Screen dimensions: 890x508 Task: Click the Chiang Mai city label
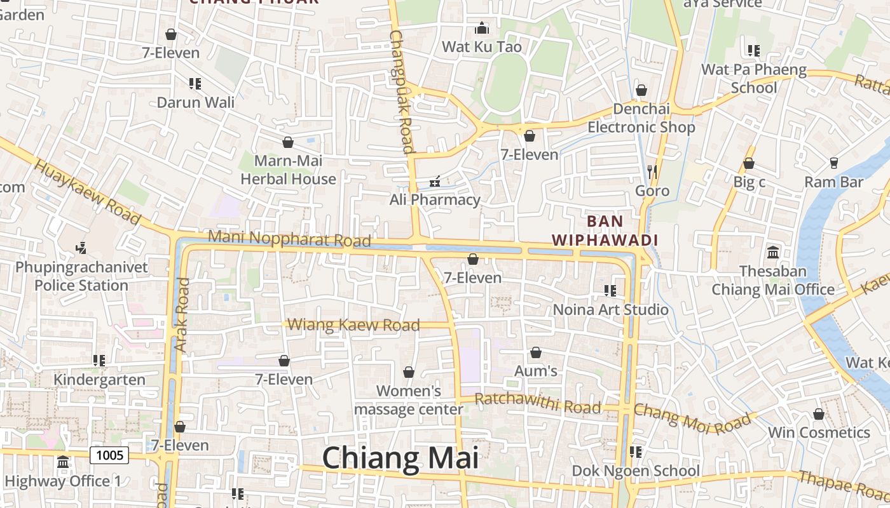pos(400,458)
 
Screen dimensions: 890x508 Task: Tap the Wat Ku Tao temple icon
pos(482,29)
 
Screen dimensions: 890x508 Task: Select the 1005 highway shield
pos(109,455)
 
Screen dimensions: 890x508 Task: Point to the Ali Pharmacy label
pos(435,199)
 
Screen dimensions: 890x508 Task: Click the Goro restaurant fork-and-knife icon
pos(652,171)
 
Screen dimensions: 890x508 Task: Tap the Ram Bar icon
pos(834,163)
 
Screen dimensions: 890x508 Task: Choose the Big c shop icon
pos(749,164)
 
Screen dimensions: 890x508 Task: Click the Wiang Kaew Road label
pos(353,325)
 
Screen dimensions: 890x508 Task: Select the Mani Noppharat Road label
pos(289,239)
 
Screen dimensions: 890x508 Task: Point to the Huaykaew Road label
pos(86,192)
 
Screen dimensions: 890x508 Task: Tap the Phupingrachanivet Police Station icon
pos(81,247)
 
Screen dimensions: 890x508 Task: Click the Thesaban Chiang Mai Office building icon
pos(773,253)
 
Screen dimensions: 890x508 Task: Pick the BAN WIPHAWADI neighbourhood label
pos(605,231)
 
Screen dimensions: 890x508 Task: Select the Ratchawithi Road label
pos(538,403)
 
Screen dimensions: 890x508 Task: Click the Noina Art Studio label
pos(611,309)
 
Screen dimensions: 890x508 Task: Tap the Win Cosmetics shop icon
pos(819,415)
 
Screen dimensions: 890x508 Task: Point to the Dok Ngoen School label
pos(636,471)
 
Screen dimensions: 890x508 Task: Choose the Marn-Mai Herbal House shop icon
pos(288,142)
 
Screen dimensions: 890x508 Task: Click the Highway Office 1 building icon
pos(62,462)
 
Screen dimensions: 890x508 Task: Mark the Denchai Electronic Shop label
pos(641,118)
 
